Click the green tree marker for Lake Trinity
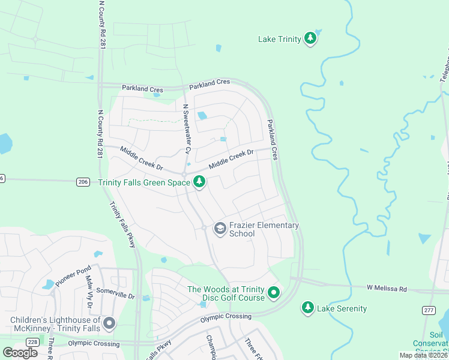tap(310, 39)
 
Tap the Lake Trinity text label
tap(279, 40)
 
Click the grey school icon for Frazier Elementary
tap(220, 227)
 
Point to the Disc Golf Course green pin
tap(274, 293)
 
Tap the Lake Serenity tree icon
tap(308, 308)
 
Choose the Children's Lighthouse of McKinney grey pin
tap(109, 324)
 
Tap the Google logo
tap(21, 353)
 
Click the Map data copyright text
tap(423, 355)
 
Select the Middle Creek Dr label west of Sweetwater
tap(141, 158)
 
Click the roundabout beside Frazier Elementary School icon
tap(205, 227)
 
